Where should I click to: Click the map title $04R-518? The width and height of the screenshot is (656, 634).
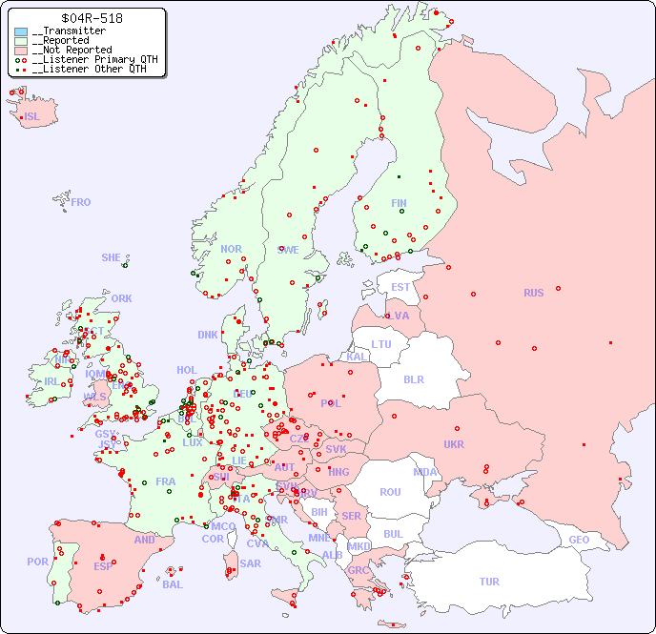[x=91, y=18]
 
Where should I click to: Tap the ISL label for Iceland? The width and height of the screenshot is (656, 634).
[x=32, y=117]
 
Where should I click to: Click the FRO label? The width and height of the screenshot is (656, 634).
[x=81, y=202]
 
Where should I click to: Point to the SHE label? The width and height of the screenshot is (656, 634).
[x=112, y=257]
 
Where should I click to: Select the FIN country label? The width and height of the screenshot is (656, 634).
[x=399, y=203]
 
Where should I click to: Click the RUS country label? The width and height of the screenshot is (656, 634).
[x=533, y=293]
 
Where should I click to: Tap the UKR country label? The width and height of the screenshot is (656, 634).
[x=454, y=444]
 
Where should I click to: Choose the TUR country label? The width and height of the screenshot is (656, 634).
[x=489, y=582]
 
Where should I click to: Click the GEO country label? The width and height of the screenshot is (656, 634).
[x=579, y=540]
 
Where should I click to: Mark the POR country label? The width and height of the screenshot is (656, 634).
[x=37, y=562]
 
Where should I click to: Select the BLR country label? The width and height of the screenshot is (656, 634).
[x=414, y=378]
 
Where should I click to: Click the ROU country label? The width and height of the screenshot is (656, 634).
[x=390, y=492]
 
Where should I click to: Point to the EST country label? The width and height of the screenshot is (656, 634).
[x=400, y=287]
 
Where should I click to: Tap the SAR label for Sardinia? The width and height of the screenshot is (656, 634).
[x=250, y=563]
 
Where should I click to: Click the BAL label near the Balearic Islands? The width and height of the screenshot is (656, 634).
[x=172, y=584]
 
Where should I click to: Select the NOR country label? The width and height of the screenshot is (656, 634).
[x=231, y=249]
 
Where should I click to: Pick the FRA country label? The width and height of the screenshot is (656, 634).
[x=166, y=481]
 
